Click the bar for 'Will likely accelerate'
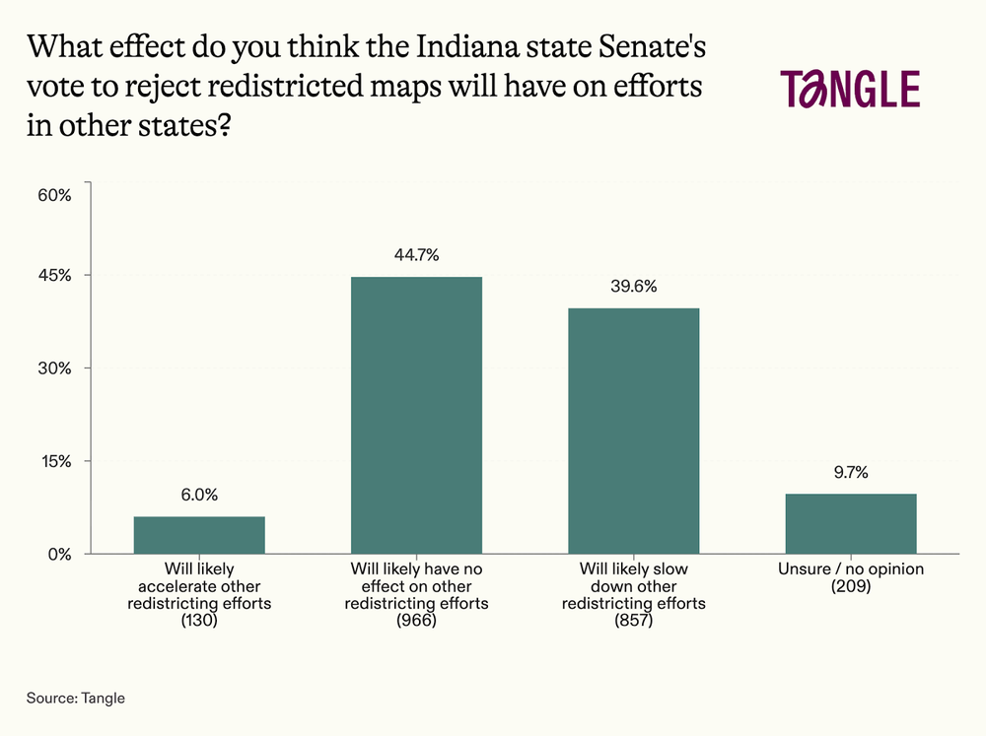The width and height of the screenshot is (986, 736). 199,535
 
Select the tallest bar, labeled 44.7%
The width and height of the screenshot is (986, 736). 417,415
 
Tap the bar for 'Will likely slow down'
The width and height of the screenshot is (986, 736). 634,431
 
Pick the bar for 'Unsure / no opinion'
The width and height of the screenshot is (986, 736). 851,523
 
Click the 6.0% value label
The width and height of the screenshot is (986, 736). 199,496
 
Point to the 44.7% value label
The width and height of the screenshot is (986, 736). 417,255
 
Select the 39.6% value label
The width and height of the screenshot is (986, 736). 634,287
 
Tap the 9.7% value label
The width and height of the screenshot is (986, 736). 851,472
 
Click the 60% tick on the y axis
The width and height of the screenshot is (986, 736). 54,195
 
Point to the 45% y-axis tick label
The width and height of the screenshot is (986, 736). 54,275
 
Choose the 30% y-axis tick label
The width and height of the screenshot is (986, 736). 54,368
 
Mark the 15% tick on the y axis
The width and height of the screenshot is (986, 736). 54,461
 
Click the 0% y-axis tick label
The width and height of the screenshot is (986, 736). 59,554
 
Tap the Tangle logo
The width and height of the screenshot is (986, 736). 850,89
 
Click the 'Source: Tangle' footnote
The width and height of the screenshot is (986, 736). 76,699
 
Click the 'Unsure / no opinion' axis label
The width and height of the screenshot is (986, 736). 851,570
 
